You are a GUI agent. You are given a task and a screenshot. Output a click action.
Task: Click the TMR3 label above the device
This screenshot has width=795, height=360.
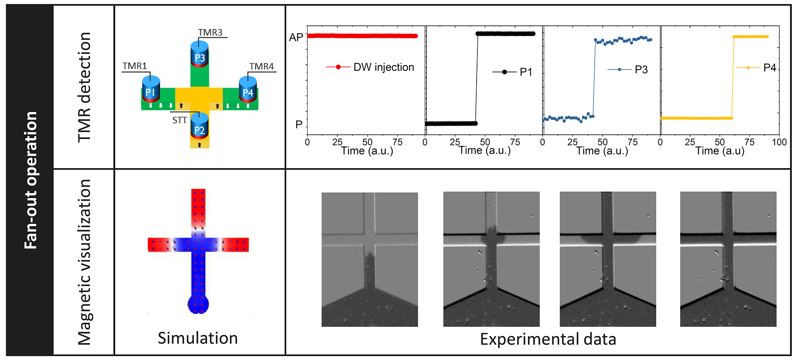210,32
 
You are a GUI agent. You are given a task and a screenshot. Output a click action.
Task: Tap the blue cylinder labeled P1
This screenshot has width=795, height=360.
151,89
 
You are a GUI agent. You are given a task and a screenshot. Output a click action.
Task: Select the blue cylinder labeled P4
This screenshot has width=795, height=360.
248,89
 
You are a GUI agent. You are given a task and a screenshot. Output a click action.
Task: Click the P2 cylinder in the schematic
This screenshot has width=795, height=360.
199,126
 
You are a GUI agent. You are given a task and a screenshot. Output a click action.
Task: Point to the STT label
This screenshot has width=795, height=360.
179,120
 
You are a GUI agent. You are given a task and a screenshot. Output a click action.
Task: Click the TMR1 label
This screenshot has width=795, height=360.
134,66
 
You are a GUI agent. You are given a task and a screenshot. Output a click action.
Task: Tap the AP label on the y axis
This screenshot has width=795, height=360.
296,37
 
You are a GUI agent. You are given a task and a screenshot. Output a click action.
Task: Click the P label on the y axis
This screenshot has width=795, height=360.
299,125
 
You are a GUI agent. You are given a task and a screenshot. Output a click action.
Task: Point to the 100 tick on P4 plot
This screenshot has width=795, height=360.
779,142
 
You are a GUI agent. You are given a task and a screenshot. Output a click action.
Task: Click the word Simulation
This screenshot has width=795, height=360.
198,338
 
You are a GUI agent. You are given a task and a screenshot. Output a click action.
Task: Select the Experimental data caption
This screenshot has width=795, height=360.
548,339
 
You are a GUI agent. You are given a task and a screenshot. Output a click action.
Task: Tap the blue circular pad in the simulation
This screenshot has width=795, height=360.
198,304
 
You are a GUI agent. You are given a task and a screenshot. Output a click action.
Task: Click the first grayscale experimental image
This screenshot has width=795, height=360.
369,259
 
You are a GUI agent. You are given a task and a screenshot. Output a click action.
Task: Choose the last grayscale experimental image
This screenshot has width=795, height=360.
728,259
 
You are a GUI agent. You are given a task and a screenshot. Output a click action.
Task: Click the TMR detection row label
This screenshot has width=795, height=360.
84,87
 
